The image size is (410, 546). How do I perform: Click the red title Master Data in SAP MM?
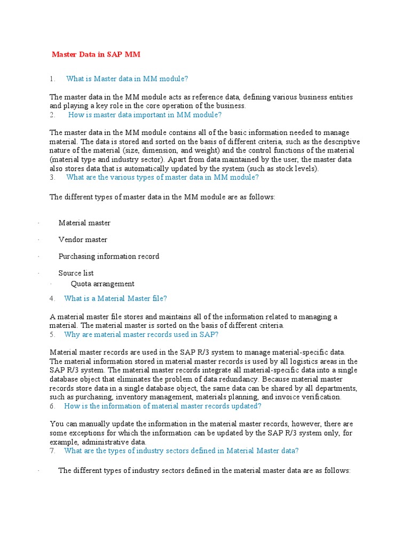click(96, 54)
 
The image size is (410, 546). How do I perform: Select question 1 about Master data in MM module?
click(127, 79)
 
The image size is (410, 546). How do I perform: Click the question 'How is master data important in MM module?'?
click(145, 115)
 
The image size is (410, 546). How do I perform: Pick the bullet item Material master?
click(84, 223)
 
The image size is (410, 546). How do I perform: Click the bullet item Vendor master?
click(83, 240)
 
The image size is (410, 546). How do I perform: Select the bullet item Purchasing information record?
click(109, 256)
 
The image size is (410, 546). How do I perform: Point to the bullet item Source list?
click(76, 273)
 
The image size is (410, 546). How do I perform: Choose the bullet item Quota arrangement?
click(102, 284)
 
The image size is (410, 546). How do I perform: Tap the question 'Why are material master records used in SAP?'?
click(141, 335)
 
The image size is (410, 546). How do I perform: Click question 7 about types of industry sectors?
click(181, 451)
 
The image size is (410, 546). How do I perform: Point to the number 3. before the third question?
click(52, 178)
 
